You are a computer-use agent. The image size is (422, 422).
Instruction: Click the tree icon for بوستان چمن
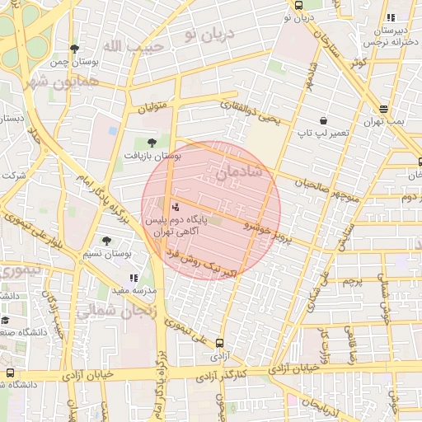pos(75,49)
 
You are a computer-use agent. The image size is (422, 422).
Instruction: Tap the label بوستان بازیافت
pos(152,155)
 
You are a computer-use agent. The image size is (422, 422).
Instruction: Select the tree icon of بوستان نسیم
pos(106,241)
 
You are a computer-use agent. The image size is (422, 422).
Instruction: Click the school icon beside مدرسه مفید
pos(134,278)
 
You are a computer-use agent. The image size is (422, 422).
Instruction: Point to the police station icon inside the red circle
pos(175,207)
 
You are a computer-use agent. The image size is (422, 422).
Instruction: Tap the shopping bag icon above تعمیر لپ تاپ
pos(322,120)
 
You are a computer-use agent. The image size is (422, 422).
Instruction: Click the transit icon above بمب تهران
pos(384,109)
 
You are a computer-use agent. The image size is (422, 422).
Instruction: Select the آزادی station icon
pos(219,343)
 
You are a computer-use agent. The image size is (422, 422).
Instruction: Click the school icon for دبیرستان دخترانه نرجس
pos(391,16)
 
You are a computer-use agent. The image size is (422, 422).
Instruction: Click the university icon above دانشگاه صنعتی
pos(6,321)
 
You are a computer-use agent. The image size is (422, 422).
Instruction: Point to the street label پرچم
pos(352,282)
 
